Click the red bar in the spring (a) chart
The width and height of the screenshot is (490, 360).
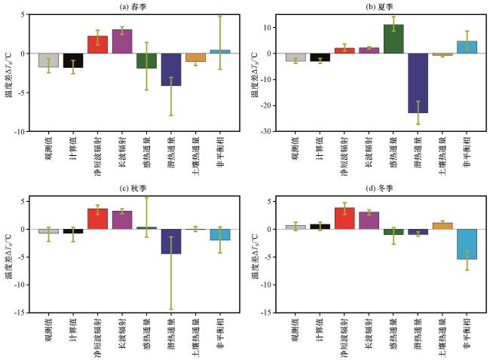pos(97,44)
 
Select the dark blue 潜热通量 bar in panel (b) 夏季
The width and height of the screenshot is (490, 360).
pos(418,83)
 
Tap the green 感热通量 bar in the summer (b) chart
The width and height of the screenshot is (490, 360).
pos(394,39)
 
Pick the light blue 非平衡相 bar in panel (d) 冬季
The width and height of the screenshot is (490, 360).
pos(467,244)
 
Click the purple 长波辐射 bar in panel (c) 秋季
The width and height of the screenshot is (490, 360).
pos(122,220)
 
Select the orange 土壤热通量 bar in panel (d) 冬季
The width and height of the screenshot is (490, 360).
pos(443,226)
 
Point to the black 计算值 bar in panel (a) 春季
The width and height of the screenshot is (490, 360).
pos(73,60)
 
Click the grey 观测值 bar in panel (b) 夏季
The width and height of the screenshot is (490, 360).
pos(296,57)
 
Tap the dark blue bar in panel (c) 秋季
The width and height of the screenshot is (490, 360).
pos(171,241)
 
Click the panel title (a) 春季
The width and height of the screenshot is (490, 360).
pos(133,7)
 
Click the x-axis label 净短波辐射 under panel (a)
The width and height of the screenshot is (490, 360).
pos(97,156)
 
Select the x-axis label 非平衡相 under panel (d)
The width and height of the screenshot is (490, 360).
pos(467,334)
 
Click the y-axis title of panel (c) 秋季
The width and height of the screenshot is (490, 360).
pos(8,256)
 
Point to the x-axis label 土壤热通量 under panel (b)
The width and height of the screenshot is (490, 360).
pos(443,156)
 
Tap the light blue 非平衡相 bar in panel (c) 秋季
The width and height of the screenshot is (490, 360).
pos(220,234)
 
